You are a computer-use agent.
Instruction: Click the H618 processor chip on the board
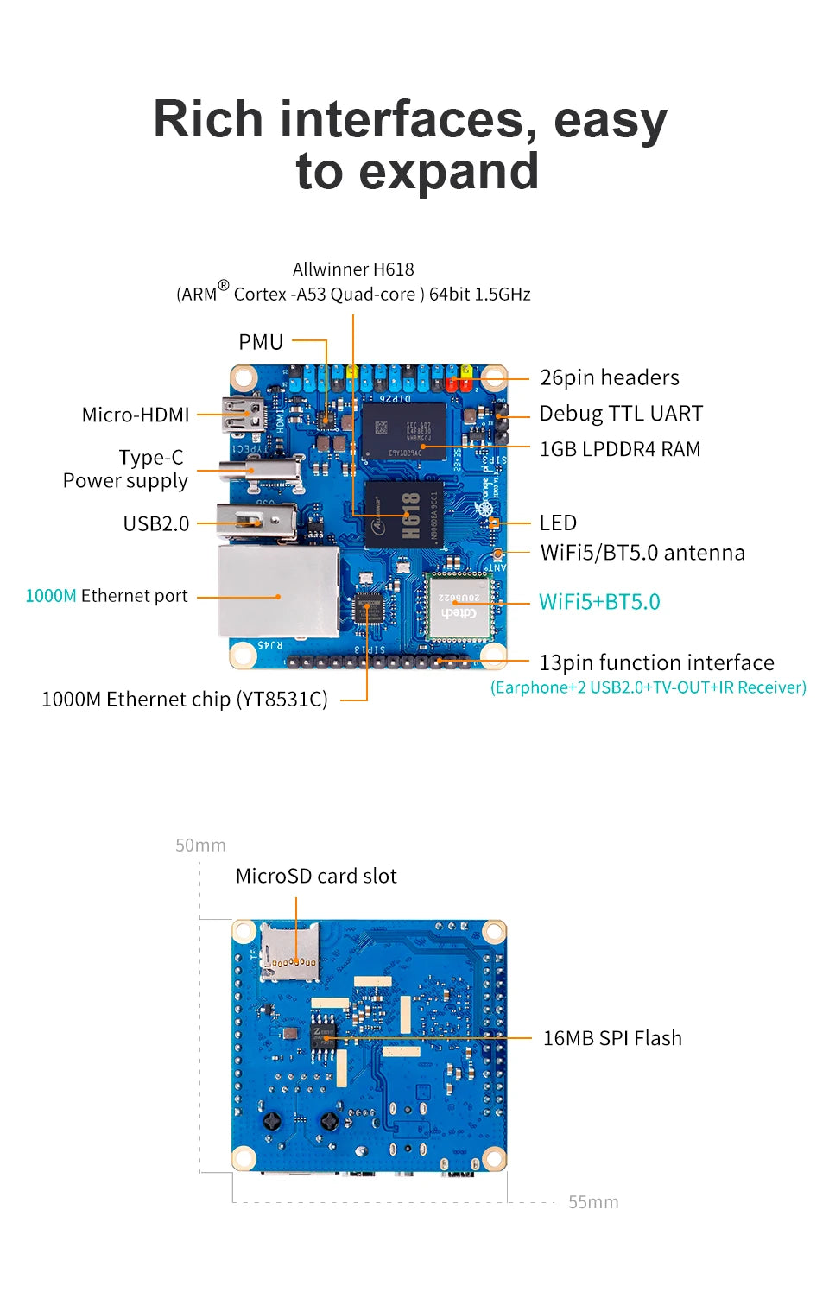tap(404, 516)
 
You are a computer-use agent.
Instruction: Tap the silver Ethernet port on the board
tap(278, 592)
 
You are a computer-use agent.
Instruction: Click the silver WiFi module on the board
tap(459, 605)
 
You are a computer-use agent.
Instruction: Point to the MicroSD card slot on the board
tap(289, 951)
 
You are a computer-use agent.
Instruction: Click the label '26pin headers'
tap(609, 377)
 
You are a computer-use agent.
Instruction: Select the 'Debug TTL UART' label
tap(620, 414)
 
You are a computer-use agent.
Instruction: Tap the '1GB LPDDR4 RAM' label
tap(619, 449)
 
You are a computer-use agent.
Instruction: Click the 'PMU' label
tap(261, 342)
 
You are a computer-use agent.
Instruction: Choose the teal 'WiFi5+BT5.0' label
tap(599, 602)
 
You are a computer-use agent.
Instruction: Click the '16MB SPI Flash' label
tap(611, 1038)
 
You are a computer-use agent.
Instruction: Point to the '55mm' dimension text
tap(593, 1202)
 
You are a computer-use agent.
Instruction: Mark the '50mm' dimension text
tap(200, 845)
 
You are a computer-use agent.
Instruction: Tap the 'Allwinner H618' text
tap(353, 269)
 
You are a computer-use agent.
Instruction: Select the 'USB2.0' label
tap(156, 523)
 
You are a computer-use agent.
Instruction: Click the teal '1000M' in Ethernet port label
tap(51, 596)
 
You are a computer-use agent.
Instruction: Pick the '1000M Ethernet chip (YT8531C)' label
tap(185, 700)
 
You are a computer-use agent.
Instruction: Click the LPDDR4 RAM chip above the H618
tap(403, 429)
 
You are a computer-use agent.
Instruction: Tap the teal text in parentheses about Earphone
tap(648, 687)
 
